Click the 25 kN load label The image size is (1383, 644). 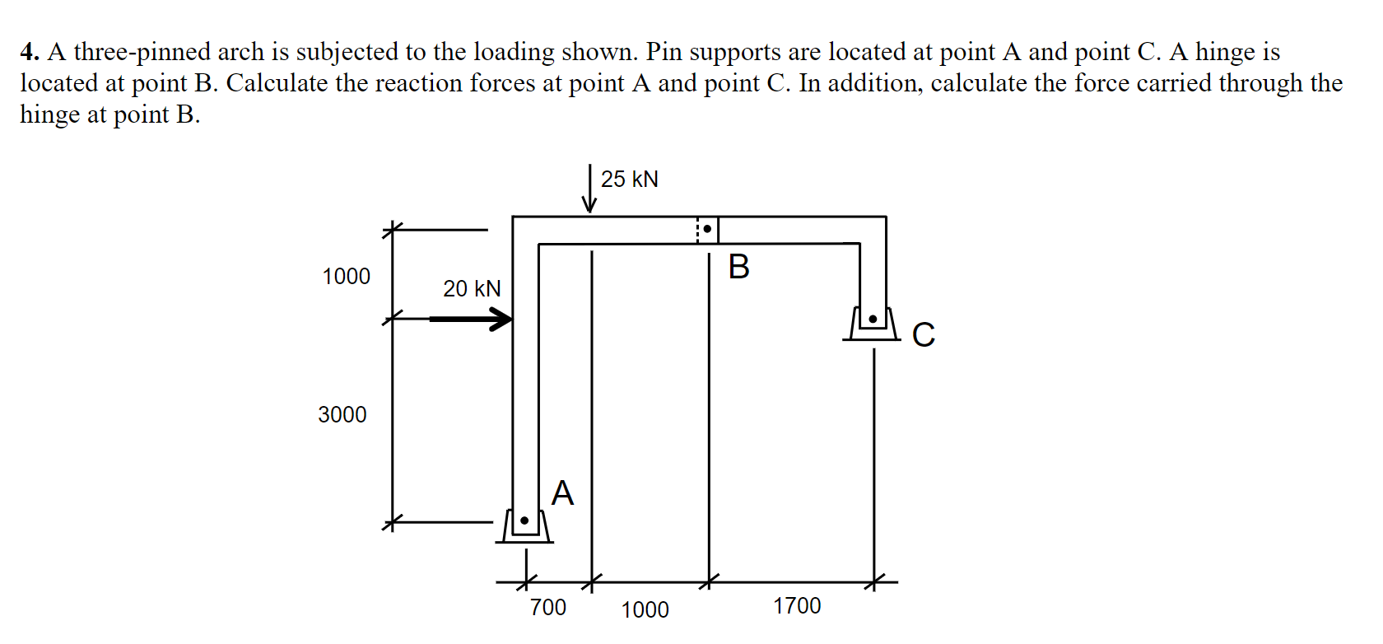coord(629,179)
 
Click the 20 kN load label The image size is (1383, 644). coord(472,288)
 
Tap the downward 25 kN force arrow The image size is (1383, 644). coord(589,189)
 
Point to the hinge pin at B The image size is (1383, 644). coord(707,229)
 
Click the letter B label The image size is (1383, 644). coord(739,267)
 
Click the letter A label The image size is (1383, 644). coord(562,493)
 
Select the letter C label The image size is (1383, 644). coord(924,334)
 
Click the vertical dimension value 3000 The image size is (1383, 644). coord(342,414)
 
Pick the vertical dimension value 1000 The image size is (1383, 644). coord(346,277)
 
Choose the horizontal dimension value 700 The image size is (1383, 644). coord(547,608)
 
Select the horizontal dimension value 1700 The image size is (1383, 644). coord(797,606)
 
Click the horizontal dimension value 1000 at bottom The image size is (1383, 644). coord(645,609)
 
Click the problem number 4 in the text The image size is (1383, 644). coord(29,52)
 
